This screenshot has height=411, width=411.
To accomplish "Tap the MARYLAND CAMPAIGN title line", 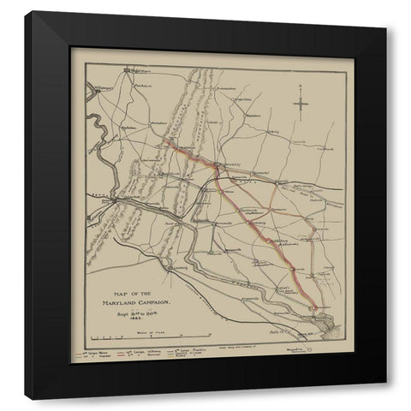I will click(x=140, y=304).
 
